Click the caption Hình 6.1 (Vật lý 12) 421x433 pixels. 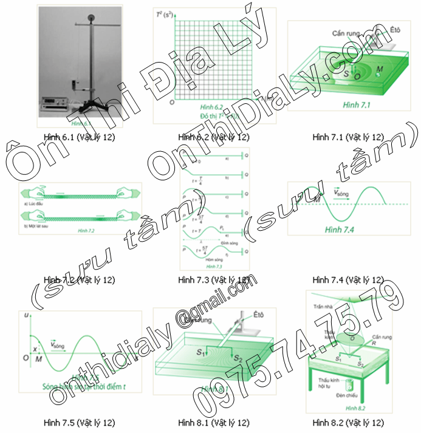pyautogui.click(x=80, y=137)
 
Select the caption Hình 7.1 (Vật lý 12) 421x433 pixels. pyautogui.click(x=347, y=137)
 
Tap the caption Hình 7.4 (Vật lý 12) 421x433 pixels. pyautogui.click(x=347, y=280)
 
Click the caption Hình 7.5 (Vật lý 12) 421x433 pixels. pyautogui.click(x=80, y=422)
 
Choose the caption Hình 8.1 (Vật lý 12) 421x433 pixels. pyautogui.click(x=214, y=422)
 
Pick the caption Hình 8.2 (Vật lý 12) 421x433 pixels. pyautogui.click(x=347, y=422)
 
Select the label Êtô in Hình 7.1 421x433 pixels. pyautogui.click(x=394, y=29)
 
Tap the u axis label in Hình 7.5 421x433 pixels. pyautogui.click(x=25, y=316)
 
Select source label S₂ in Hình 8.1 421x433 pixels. pyautogui.click(x=241, y=358)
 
